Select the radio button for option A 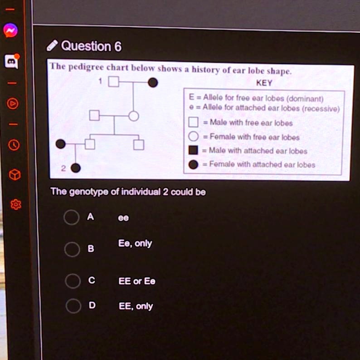pyautogui.click(x=72, y=217)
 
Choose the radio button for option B pyautogui.click(x=72, y=249)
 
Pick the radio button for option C pyautogui.click(x=73, y=281)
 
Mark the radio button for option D pyautogui.click(x=73, y=306)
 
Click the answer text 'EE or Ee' pyautogui.click(x=137, y=281)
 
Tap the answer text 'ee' pyautogui.click(x=123, y=218)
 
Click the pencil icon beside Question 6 pyautogui.click(x=52, y=45)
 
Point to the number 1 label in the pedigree pyautogui.click(x=100, y=81)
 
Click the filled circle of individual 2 pyautogui.click(x=76, y=168)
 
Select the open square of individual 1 pyautogui.click(x=114, y=81)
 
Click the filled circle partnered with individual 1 pyautogui.click(x=153, y=83)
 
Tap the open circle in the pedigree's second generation pyautogui.click(x=134, y=116)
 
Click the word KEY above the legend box pyautogui.click(x=264, y=83)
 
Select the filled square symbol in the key pyautogui.click(x=193, y=150)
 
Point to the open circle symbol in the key pyautogui.click(x=193, y=136)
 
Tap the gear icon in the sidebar pyautogui.click(x=15, y=204)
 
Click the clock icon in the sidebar pyautogui.click(x=14, y=145)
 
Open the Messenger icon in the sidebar pyautogui.click(x=10, y=30)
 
